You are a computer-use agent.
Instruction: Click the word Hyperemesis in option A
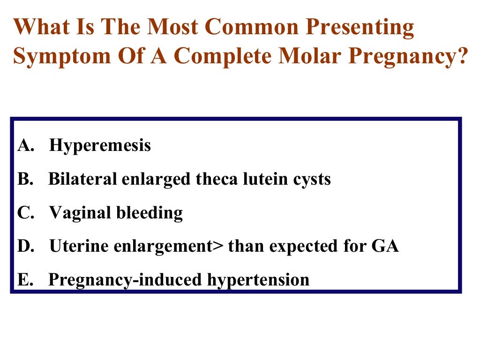100,146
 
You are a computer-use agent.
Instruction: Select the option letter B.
23,179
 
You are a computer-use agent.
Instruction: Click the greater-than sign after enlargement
219,247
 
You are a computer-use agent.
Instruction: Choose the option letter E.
23,280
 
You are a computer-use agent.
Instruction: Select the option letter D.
24,246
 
